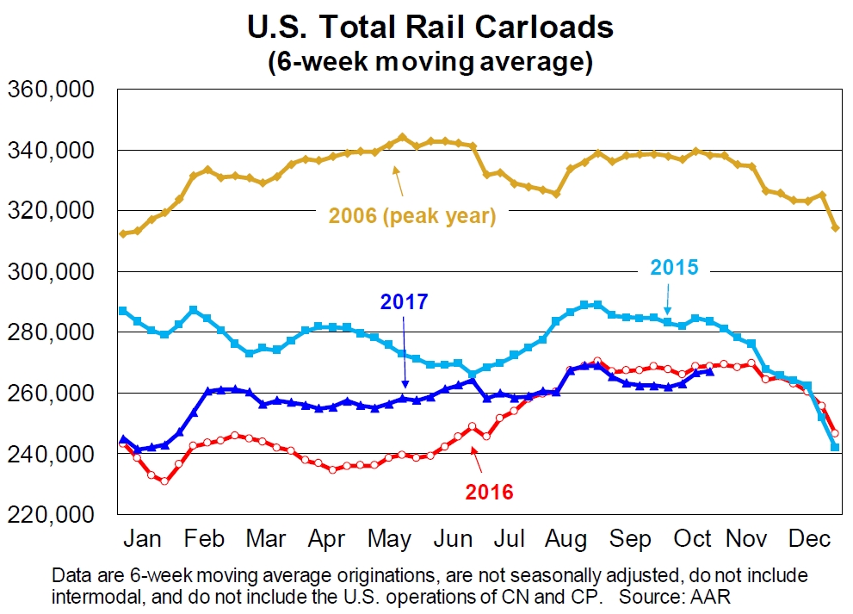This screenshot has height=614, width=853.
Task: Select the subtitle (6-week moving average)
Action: pos(430,62)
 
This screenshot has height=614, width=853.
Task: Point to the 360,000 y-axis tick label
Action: pos(52,90)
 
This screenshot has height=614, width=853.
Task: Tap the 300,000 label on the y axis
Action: pos(52,272)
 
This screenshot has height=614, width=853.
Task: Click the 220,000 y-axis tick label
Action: pos(52,514)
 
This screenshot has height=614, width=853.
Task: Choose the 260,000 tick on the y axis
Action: pos(52,394)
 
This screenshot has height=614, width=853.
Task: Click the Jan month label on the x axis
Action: pos(144,539)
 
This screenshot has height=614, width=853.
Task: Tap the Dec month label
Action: pos(809,539)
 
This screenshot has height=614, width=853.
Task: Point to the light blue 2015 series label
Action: pos(675,267)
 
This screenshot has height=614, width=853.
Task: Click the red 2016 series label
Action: pos(489,492)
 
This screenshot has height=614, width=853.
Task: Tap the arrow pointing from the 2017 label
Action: pos(404,353)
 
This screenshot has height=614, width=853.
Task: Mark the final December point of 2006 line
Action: pos(834,227)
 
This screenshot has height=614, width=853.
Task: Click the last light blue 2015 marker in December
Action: pos(834,447)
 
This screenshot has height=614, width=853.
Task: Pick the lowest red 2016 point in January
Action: pos(164,481)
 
